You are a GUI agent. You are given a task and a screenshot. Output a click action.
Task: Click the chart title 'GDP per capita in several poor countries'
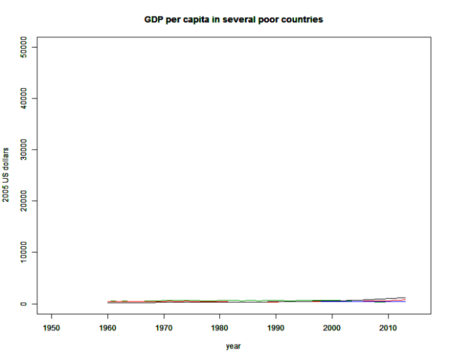pyautogui.click(x=233, y=19)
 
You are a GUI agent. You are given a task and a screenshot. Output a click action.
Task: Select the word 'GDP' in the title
pyautogui.click(x=154, y=19)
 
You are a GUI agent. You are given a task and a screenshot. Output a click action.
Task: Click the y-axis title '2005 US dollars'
pyautogui.click(x=6, y=175)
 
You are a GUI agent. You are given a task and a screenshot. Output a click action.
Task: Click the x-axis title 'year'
pyautogui.click(x=233, y=346)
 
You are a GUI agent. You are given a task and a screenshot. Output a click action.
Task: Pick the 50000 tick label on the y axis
pyautogui.click(x=24, y=47)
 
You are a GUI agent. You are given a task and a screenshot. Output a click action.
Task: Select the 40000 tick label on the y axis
pyautogui.click(x=24, y=98)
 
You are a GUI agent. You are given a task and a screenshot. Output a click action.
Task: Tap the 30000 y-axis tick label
pyautogui.click(x=24, y=150)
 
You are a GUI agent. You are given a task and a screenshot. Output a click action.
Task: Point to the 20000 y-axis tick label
pyautogui.click(x=24, y=201)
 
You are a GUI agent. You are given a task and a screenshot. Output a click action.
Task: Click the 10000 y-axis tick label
pyautogui.click(x=24, y=253)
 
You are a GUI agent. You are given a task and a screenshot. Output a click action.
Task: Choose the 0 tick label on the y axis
pyautogui.click(x=24, y=304)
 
